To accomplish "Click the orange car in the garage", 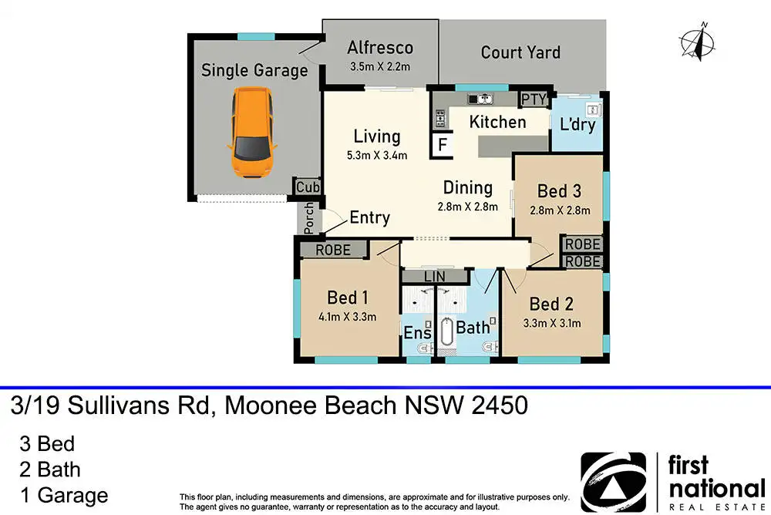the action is [x=252, y=133].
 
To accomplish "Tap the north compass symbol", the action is [x=698, y=41].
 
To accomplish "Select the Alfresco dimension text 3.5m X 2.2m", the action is [x=380, y=66].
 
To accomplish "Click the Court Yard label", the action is [x=520, y=52].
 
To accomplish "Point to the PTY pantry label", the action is [x=534, y=99].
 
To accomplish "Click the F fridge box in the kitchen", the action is [x=443, y=145].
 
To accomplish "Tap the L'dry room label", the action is [x=577, y=124].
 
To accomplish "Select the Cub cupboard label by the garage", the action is [x=308, y=187].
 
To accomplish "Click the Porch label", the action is [x=308, y=218].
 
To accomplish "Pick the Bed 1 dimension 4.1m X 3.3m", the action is [x=347, y=317].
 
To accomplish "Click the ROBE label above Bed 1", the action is [x=333, y=250].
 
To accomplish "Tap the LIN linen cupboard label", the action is [x=434, y=277].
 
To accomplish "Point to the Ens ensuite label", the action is [x=417, y=333].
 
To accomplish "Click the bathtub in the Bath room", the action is [x=446, y=332].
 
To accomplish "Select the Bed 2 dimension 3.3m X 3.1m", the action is [x=552, y=323].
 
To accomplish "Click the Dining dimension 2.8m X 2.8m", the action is [x=468, y=207].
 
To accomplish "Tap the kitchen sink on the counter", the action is [x=480, y=99].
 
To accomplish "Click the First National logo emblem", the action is [x=614, y=482].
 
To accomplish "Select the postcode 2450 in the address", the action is [x=500, y=406].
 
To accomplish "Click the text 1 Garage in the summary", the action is [x=64, y=495].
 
